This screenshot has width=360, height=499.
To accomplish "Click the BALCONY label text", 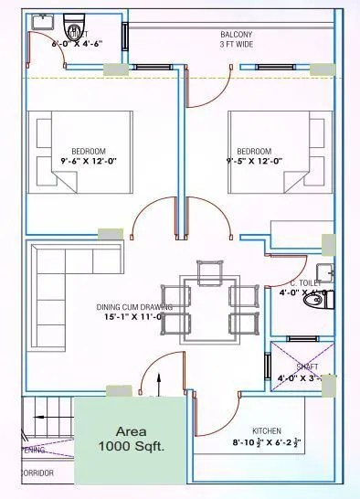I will click(x=236, y=34).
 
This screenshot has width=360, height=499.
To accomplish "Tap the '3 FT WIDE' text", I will click(x=236, y=44).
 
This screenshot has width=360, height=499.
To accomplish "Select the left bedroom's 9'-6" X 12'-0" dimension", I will click(x=89, y=161).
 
